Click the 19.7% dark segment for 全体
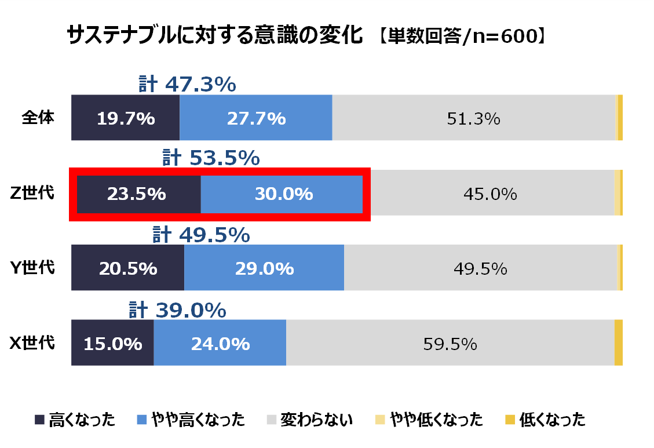(x=126, y=118)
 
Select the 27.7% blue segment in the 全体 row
(x=256, y=118)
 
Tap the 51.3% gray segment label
(x=473, y=119)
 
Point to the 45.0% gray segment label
(x=490, y=194)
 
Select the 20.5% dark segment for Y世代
(x=128, y=269)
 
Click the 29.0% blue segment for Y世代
(x=264, y=269)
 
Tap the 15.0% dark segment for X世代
(x=113, y=344)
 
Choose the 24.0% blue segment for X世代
(x=220, y=344)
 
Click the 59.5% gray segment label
(x=450, y=344)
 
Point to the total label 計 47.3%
(x=187, y=85)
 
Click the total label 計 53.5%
(x=210, y=158)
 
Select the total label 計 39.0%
(x=177, y=311)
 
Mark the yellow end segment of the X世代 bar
(x=618, y=343)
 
